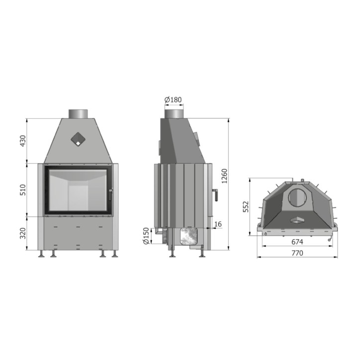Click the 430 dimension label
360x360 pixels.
click(23, 141)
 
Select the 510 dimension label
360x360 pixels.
click(23, 190)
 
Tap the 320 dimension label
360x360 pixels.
click(23, 233)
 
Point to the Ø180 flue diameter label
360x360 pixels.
click(173, 100)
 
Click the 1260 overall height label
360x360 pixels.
click(224, 176)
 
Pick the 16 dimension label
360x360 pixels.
click(218, 224)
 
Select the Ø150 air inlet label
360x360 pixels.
click(146, 236)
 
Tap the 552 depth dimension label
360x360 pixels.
click(246, 207)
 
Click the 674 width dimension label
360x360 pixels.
click(297, 242)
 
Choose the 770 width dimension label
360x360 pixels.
click(297, 253)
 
